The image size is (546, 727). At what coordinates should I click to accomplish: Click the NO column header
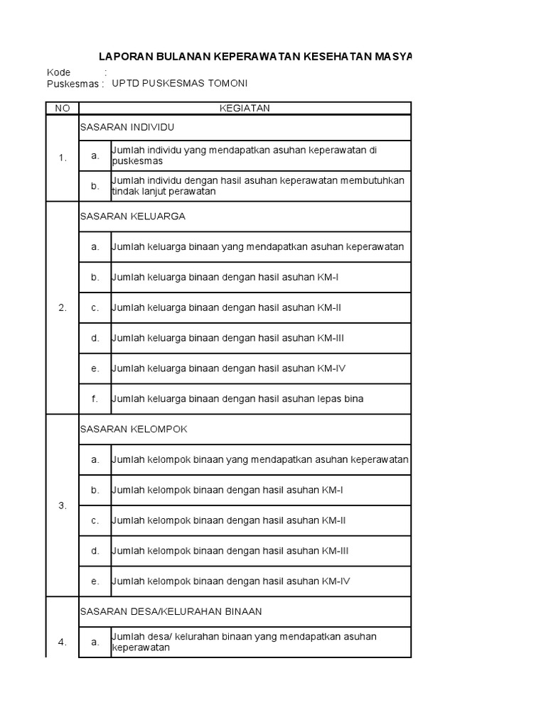pos(63,108)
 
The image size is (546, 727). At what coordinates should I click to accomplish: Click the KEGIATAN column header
pos(245,108)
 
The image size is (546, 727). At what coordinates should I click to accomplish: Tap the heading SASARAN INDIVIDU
pos(127,127)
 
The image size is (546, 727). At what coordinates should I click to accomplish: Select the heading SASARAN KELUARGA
pos(132,217)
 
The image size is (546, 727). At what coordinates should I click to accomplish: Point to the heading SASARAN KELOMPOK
pos(134,430)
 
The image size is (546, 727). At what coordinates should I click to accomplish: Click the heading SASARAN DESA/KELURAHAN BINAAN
pos(171,611)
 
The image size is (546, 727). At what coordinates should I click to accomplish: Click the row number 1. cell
pos(63,158)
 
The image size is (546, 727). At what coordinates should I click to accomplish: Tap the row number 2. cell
pos(63,307)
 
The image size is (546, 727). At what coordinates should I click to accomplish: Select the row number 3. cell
pos(63,505)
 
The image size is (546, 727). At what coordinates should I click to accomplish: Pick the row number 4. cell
pos(63,642)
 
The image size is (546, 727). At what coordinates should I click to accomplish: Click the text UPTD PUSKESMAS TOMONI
pos(185,83)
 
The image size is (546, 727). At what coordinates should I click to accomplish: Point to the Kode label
pos(59,72)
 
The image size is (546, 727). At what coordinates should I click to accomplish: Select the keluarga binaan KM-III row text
pos(227,338)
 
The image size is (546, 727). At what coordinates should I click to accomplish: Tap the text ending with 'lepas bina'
pos(237,399)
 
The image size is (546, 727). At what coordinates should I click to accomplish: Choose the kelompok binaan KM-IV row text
pos(231,581)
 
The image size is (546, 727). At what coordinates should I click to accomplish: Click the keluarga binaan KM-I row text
pos(225,277)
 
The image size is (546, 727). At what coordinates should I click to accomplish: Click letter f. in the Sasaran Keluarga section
pos(95,399)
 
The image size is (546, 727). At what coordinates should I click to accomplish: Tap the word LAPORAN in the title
pos(124,56)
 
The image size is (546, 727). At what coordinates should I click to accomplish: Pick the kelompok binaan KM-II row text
pos(229,520)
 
